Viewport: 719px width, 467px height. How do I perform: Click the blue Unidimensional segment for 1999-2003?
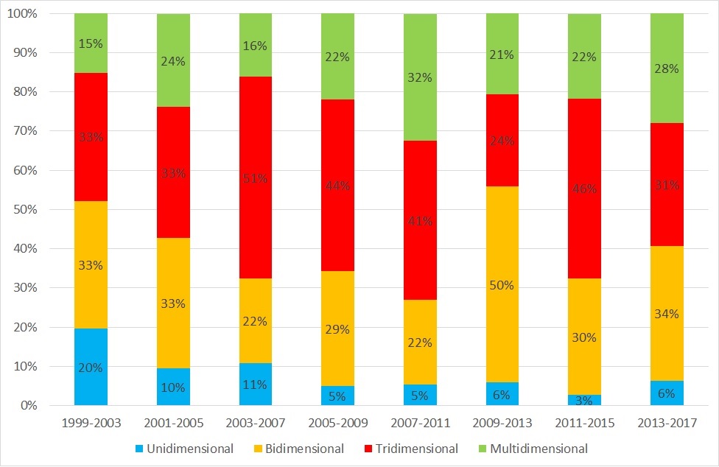[91, 367]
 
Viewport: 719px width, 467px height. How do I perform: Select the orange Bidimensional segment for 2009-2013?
[502, 284]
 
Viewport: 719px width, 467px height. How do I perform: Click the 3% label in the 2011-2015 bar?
[584, 400]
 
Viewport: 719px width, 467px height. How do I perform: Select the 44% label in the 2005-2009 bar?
[337, 186]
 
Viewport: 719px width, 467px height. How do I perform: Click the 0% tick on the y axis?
[30, 406]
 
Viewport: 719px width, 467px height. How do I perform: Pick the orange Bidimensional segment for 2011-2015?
[584, 337]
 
